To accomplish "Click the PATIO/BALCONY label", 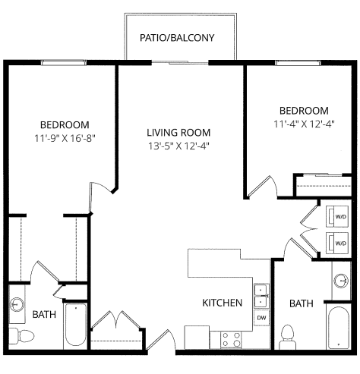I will [x=177, y=37].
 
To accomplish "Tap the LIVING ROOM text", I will [x=178, y=132].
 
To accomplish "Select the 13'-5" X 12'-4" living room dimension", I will [x=178, y=145].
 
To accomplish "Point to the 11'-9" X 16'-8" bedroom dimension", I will [x=65, y=138].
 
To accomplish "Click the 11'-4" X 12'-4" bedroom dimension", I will [x=304, y=123].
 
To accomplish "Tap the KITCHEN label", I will [x=222, y=303].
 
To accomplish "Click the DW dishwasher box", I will [x=261, y=316].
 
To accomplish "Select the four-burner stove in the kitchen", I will [x=231, y=338].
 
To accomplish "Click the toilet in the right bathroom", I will [x=287, y=335].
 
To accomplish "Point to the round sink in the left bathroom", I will [x=18, y=305].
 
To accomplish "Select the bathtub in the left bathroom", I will [x=76, y=326].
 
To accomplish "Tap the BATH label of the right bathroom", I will [x=302, y=303].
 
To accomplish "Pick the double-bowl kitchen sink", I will [x=261, y=294].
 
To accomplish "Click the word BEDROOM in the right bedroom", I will [x=304, y=110].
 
